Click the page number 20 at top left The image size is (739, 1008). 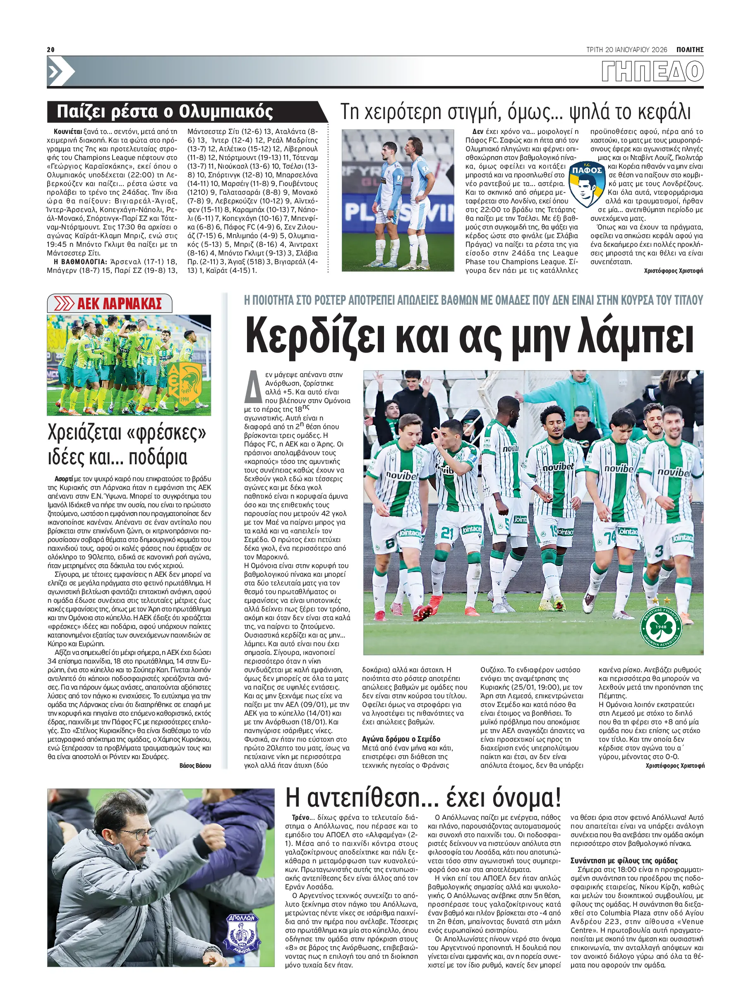50,50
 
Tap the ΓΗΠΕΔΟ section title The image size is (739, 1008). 652,72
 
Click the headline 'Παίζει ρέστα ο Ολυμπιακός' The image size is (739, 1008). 165,112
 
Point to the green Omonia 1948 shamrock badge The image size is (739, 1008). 660,626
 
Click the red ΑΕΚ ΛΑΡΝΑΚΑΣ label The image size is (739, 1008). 119,304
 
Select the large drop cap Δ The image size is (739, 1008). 253,387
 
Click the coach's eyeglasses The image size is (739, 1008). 138,837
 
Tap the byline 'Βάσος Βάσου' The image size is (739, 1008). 195,766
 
